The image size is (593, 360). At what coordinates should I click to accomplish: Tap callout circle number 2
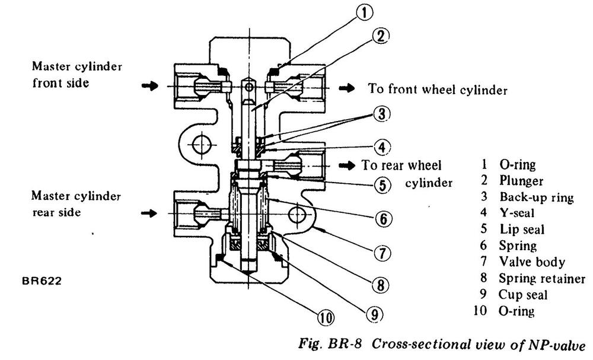coord(382,36)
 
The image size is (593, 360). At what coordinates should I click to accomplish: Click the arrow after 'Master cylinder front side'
coord(151,87)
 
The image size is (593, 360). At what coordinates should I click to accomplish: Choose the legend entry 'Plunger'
coord(521,180)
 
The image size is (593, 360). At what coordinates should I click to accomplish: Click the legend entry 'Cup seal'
coord(522,294)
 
